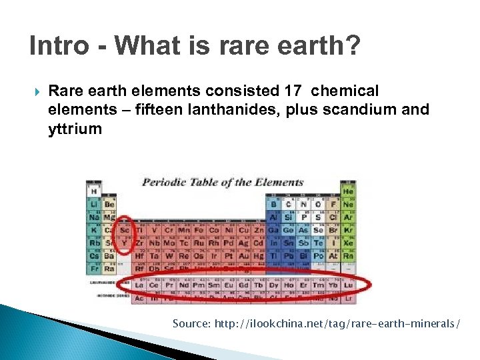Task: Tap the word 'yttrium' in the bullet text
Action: click(75, 129)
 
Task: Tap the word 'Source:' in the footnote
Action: click(191, 323)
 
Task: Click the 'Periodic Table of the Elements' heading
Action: click(223, 182)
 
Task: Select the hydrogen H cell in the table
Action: click(94, 191)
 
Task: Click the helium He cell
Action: click(347, 191)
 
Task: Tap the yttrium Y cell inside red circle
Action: click(125, 242)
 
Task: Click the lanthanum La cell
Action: click(139, 285)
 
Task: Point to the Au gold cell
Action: click(243, 255)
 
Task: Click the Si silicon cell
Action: click(287, 217)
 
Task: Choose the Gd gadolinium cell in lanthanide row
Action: click(243, 285)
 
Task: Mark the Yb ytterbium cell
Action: click(332, 285)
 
